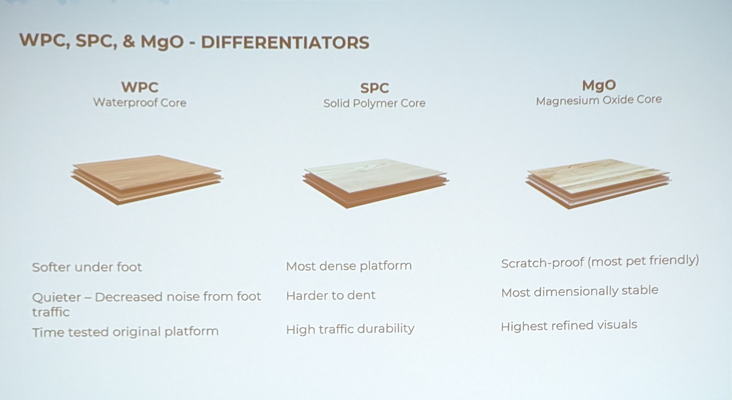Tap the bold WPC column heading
click(140, 87)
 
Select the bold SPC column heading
click(375, 88)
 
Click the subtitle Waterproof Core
click(140, 102)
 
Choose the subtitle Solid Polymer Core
click(374, 103)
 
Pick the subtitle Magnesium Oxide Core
click(599, 100)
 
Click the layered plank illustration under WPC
click(147, 180)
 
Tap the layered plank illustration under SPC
click(375, 183)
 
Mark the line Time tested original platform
click(125, 332)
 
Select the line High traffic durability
click(350, 329)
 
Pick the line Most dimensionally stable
click(580, 291)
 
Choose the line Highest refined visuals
click(569, 326)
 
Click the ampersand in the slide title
click(129, 41)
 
